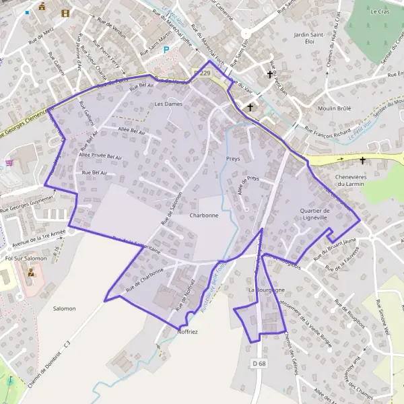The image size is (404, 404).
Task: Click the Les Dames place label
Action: coord(168,104)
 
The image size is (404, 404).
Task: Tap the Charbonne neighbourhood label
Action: coord(204,215)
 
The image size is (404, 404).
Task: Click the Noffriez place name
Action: coord(187,332)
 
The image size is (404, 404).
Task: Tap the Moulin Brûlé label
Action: coord(331,108)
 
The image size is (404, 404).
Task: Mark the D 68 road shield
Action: coord(260,364)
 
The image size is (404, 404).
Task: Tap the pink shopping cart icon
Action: coord(9,162)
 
